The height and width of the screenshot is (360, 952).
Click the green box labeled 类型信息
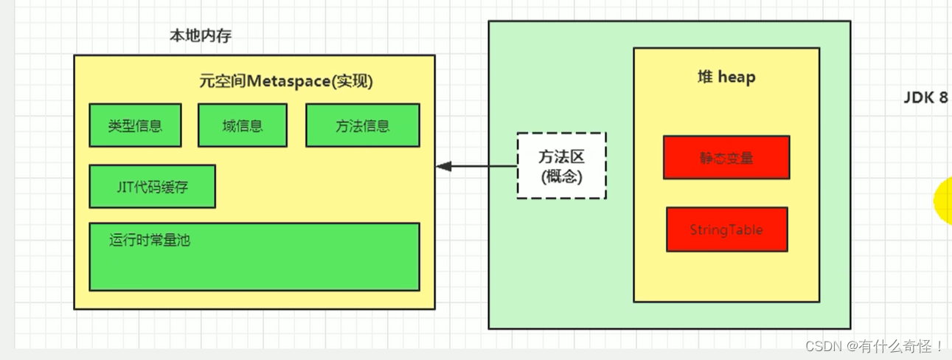[135, 125]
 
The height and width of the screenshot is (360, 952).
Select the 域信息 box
[242, 125]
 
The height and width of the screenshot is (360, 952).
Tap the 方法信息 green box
[362, 125]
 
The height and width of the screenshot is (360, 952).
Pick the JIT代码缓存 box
[152, 187]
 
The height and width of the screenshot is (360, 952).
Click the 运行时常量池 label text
[150, 240]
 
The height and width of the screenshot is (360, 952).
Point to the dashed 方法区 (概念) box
[561, 166]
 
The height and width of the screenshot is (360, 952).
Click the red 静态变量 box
[726, 158]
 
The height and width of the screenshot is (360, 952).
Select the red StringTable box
[726, 229]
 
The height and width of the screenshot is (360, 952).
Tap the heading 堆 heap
[726, 77]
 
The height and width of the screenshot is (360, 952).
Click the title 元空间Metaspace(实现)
[286, 81]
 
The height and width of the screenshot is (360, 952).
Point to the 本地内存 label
[201, 35]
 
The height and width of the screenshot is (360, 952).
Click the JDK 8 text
[925, 98]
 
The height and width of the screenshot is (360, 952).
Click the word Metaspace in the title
[288, 81]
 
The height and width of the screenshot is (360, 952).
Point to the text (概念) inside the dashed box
[561, 177]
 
